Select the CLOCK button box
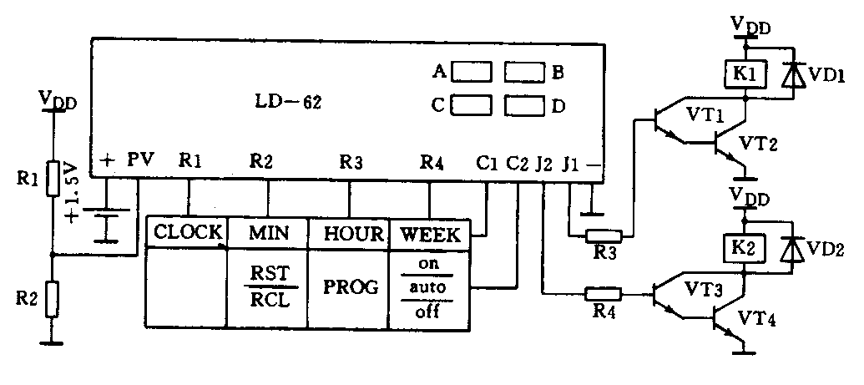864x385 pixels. tap(188, 231)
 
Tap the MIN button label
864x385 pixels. tap(269, 232)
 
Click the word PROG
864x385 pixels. tap(350, 286)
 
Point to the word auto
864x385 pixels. tap(429, 288)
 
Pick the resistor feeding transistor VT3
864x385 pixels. tap(604, 293)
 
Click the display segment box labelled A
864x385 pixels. tap(472, 73)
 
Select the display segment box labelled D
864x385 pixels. tap(525, 106)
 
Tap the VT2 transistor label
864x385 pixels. tap(759, 144)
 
